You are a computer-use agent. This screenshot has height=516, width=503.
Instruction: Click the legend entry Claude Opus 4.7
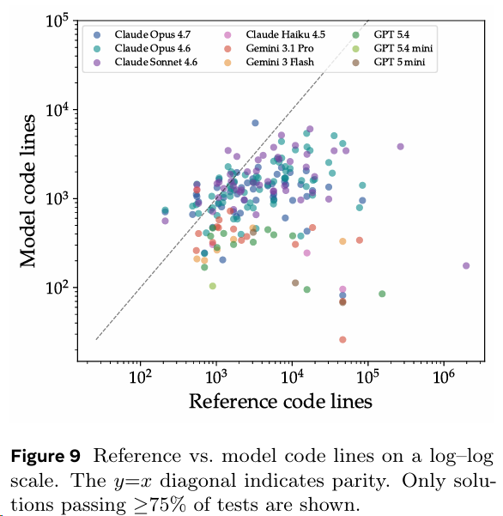[152, 34]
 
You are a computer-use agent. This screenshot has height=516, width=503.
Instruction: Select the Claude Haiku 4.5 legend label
[286, 34]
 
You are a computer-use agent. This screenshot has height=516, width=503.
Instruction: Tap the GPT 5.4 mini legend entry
[403, 48]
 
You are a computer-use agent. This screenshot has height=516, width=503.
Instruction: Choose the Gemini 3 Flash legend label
[280, 62]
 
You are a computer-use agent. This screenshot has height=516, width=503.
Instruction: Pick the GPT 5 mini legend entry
[399, 62]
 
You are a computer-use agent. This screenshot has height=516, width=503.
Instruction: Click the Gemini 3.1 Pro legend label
[280, 48]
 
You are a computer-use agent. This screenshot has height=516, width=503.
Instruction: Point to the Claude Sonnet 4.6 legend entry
[156, 62]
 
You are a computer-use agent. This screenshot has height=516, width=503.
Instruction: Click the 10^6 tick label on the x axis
[444, 376]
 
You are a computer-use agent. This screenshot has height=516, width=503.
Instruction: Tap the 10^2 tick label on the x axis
[141, 376]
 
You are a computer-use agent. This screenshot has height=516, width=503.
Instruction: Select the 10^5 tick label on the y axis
[57, 21]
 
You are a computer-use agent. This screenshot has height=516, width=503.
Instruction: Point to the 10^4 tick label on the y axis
[57, 110]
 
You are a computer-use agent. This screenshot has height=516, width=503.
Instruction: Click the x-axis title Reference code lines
[281, 402]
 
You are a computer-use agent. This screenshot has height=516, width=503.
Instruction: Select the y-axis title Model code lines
[27, 191]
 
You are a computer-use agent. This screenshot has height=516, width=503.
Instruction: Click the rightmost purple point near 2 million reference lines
[466, 265]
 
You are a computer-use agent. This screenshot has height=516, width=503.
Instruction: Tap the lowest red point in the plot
[342, 340]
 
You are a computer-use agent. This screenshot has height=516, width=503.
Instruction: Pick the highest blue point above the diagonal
[255, 123]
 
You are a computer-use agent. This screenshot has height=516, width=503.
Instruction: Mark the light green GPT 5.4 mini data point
[213, 286]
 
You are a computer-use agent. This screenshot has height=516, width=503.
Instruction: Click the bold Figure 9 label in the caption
[45, 457]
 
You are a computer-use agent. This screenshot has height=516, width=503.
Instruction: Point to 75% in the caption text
[167, 505]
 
